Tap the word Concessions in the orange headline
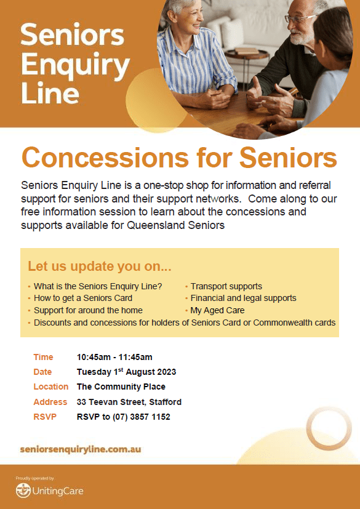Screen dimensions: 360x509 [105, 158]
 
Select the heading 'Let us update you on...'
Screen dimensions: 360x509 [99, 266]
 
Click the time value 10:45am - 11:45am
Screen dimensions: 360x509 [114, 358]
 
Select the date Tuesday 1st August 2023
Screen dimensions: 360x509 [127, 372]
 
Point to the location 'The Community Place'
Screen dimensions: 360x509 [121, 387]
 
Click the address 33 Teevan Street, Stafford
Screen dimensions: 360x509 [129, 402]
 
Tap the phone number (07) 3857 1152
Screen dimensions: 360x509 [142, 417]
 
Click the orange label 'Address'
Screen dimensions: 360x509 [50, 402]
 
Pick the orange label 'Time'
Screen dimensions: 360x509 [43, 358]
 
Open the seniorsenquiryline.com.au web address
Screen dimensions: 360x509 [81, 449]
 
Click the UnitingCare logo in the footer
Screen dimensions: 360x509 [49, 491]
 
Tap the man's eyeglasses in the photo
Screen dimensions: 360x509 [300, 18]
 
